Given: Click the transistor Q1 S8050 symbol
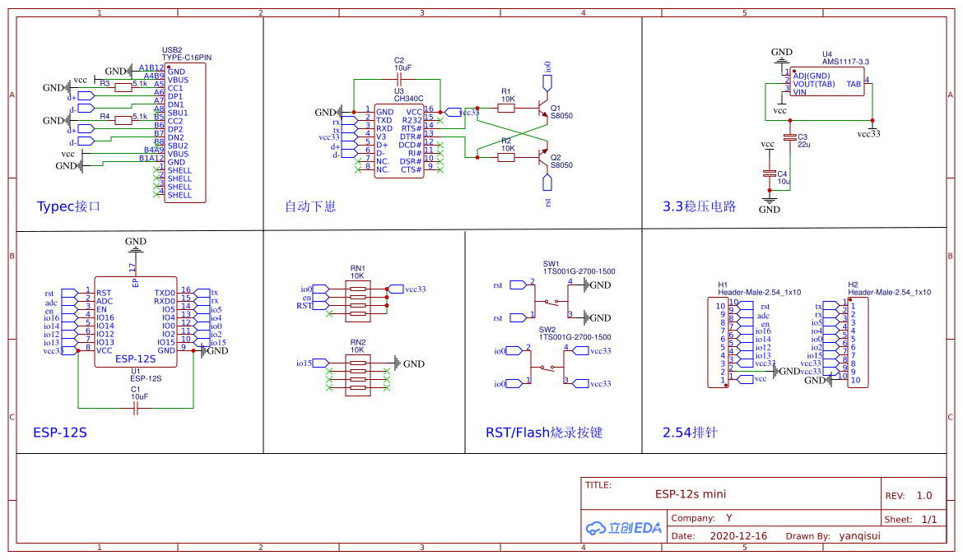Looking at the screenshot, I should click(x=541, y=112).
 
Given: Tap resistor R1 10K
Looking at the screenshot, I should click(x=506, y=108).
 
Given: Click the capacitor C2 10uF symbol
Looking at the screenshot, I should click(x=398, y=79).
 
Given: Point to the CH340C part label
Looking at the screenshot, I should click(x=408, y=99).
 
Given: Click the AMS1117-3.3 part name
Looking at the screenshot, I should click(x=845, y=62).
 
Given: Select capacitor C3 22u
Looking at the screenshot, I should click(x=790, y=137).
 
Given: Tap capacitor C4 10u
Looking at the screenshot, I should click(x=770, y=174).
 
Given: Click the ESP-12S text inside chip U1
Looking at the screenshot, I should click(x=136, y=359).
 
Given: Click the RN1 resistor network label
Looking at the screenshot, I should click(x=357, y=269).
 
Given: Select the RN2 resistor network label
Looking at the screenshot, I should click(x=357, y=342).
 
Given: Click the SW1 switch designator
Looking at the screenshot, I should click(x=551, y=263).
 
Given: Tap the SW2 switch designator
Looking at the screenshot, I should click(x=547, y=329).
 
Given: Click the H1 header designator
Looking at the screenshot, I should click(x=723, y=285).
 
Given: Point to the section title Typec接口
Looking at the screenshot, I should click(x=68, y=206).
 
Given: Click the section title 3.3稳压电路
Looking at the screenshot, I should click(x=700, y=206).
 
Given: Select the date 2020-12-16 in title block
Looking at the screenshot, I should click(x=737, y=536).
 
